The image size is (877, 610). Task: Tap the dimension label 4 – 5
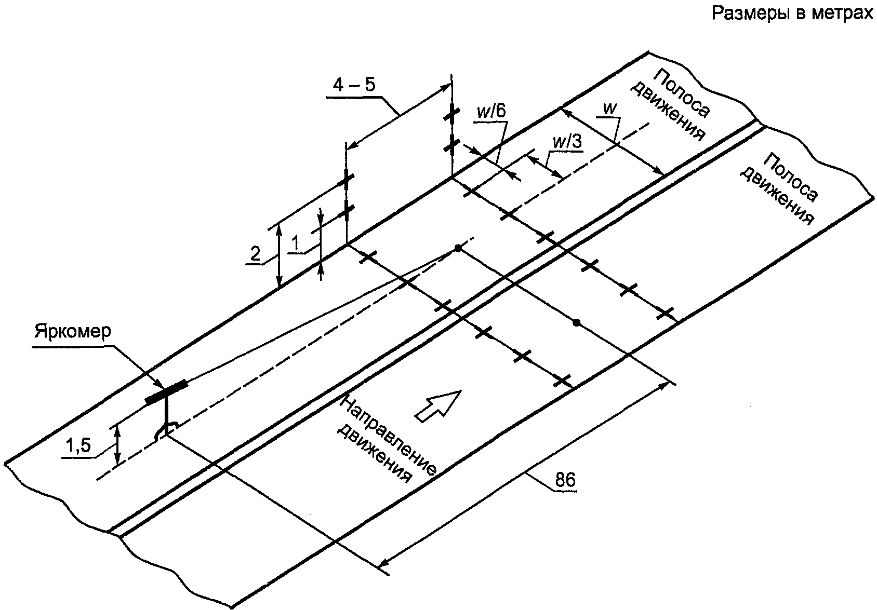[353, 85]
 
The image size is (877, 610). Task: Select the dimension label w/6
[491, 112]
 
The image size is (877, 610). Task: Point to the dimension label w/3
[567, 142]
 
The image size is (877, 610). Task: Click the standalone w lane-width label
[609, 109]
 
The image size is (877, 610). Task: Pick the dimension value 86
[565, 480]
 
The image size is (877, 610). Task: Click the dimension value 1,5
[78, 445]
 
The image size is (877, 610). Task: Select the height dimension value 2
[255, 254]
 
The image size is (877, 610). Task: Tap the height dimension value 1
[296, 243]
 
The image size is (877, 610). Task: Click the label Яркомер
[73, 331]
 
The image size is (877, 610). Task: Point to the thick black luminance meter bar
[166, 391]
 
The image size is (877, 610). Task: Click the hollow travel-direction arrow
[437, 406]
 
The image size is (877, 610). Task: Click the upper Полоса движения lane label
[670, 104]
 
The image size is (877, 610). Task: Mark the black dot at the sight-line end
[458, 248]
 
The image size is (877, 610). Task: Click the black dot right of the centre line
[576, 322]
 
